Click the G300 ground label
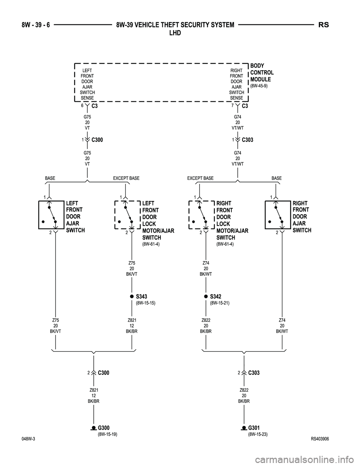(x=103, y=428)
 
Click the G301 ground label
(x=254, y=428)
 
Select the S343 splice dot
(x=132, y=296)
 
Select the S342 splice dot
(x=206, y=296)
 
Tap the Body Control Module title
(x=262, y=73)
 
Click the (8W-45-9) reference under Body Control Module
(x=259, y=86)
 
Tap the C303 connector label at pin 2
(x=253, y=373)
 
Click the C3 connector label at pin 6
(x=94, y=106)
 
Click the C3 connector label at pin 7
(x=245, y=106)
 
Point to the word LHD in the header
(x=175, y=33)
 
